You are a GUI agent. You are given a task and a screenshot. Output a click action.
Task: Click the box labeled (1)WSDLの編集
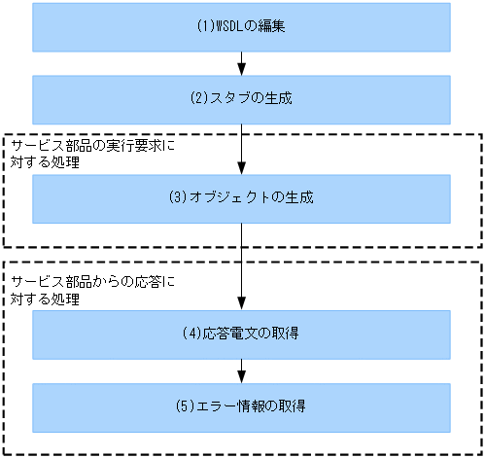[x=241, y=26]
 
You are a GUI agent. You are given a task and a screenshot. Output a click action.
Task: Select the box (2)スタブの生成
[x=241, y=97]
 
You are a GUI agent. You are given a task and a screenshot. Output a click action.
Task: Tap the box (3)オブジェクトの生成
[x=241, y=198]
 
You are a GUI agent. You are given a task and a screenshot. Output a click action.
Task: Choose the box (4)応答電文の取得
[x=241, y=335]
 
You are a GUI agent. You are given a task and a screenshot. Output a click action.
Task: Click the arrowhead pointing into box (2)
[x=242, y=70]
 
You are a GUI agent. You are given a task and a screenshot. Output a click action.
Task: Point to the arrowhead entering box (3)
[x=242, y=168]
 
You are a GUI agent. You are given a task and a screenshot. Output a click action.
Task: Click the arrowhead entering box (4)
[x=242, y=304]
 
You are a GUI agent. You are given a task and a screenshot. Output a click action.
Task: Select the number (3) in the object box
[x=176, y=198]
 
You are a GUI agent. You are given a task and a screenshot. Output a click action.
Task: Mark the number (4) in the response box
[x=191, y=335]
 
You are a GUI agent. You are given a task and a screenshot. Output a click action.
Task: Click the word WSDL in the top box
[x=226, y=26]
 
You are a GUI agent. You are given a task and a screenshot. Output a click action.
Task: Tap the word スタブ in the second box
[x=226, y=97]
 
